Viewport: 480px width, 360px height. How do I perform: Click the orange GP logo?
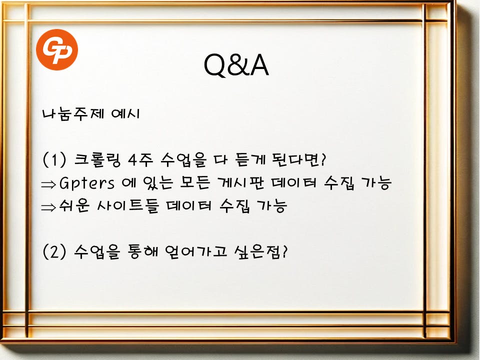click(x=57, y=49)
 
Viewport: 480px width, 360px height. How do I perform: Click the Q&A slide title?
click(x=236, y=65)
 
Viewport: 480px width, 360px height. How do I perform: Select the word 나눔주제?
click(x=73, y=114)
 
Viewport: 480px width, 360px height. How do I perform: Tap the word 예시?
click(x=125, y=114)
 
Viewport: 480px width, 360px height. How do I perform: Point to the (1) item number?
click(x=54, y=159)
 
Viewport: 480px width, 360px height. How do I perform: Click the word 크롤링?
click(x=97, y=160)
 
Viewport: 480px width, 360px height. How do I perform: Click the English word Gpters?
click(x=87, y=183)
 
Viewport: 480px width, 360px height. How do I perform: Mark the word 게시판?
click(x=240, y=183)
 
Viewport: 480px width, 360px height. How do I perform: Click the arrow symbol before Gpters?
click(x=48, y=184)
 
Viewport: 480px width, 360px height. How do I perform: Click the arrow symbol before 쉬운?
click(x=48, y=207)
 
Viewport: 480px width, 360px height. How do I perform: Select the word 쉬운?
click(x=74, y=205)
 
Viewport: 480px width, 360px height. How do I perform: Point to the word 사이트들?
click(x=128, y=205)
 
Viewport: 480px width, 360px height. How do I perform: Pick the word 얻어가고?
click(x=196, y=251)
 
